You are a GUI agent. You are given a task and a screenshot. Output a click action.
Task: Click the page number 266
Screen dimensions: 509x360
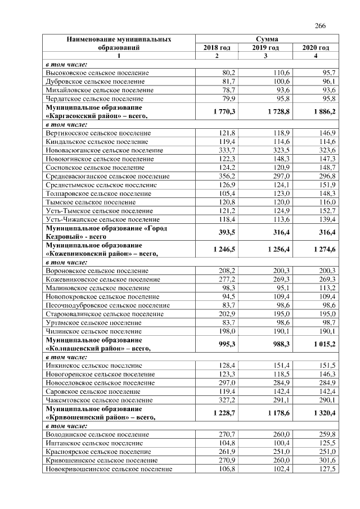pos(321,26)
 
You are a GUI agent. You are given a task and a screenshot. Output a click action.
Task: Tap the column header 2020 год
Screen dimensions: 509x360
pos(316,48)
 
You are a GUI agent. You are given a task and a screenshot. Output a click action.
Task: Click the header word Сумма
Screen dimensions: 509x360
pos(266,39)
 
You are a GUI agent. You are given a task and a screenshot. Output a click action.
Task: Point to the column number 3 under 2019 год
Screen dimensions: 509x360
pos(265,56)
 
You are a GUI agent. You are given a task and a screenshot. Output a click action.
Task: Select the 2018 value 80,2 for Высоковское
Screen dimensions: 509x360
pos(228,73)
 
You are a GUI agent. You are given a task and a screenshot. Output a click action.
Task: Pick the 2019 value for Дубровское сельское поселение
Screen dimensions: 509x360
pos(277,82)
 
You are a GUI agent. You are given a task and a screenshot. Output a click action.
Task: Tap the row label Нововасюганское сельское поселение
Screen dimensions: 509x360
pos(104,150)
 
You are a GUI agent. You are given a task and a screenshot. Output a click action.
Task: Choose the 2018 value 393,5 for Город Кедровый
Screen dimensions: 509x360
pos(226,233)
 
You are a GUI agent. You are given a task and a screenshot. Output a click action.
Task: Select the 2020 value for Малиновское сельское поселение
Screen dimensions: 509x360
pos(327,287)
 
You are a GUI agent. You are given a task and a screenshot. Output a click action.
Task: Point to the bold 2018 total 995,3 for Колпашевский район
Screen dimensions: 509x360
pos(226,344)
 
